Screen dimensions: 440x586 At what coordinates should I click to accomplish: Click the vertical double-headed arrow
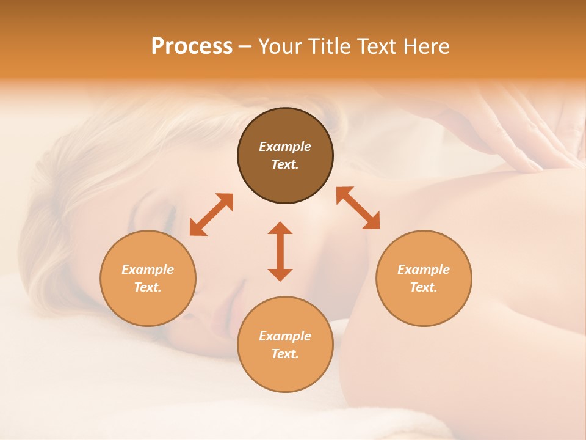280,251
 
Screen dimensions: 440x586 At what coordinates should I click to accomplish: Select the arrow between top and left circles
211,215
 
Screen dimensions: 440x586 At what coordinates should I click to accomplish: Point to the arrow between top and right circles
358,208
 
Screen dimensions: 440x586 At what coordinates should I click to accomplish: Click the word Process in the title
192,46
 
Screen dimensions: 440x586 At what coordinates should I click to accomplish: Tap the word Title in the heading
330,46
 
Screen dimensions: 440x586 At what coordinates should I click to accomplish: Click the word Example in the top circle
285,147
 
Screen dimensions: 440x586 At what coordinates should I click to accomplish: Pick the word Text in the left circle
148,287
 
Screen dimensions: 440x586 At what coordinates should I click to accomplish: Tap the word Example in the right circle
424,269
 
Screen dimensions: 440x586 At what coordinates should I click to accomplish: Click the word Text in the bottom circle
285,354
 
